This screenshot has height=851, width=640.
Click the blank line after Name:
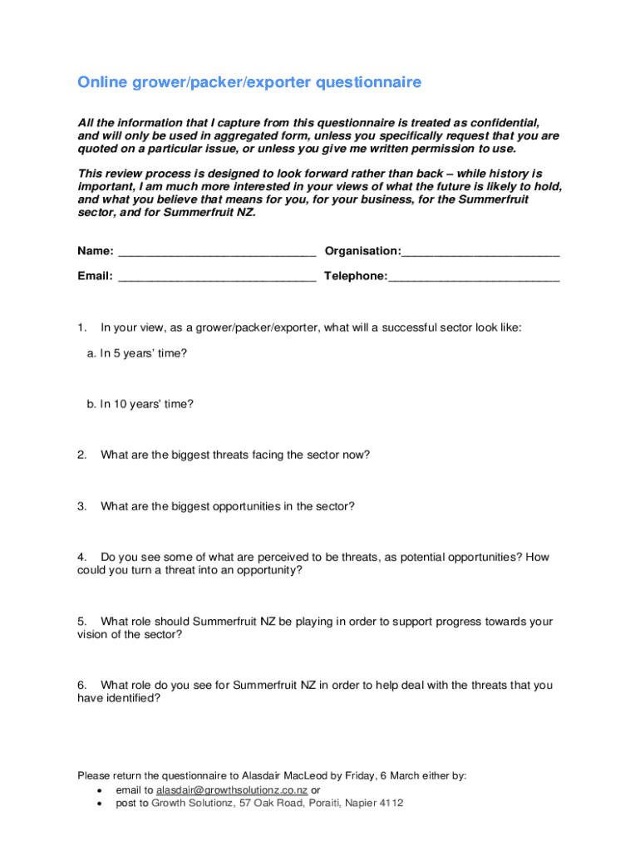(217, 252)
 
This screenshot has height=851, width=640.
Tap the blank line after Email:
(217, 277)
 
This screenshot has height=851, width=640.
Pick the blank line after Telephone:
(474, 277)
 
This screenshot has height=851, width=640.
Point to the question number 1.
(81, 327)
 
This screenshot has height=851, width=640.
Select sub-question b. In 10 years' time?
(140, 405)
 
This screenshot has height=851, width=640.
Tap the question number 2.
(81, 455)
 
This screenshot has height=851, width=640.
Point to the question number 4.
(81, 557)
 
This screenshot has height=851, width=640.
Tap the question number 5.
(81, 621)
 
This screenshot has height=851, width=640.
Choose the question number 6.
(81, 685)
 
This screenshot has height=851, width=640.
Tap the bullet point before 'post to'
(101, 804)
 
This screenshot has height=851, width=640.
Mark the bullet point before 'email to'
(101, 790)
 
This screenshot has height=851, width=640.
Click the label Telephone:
(356, 276)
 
